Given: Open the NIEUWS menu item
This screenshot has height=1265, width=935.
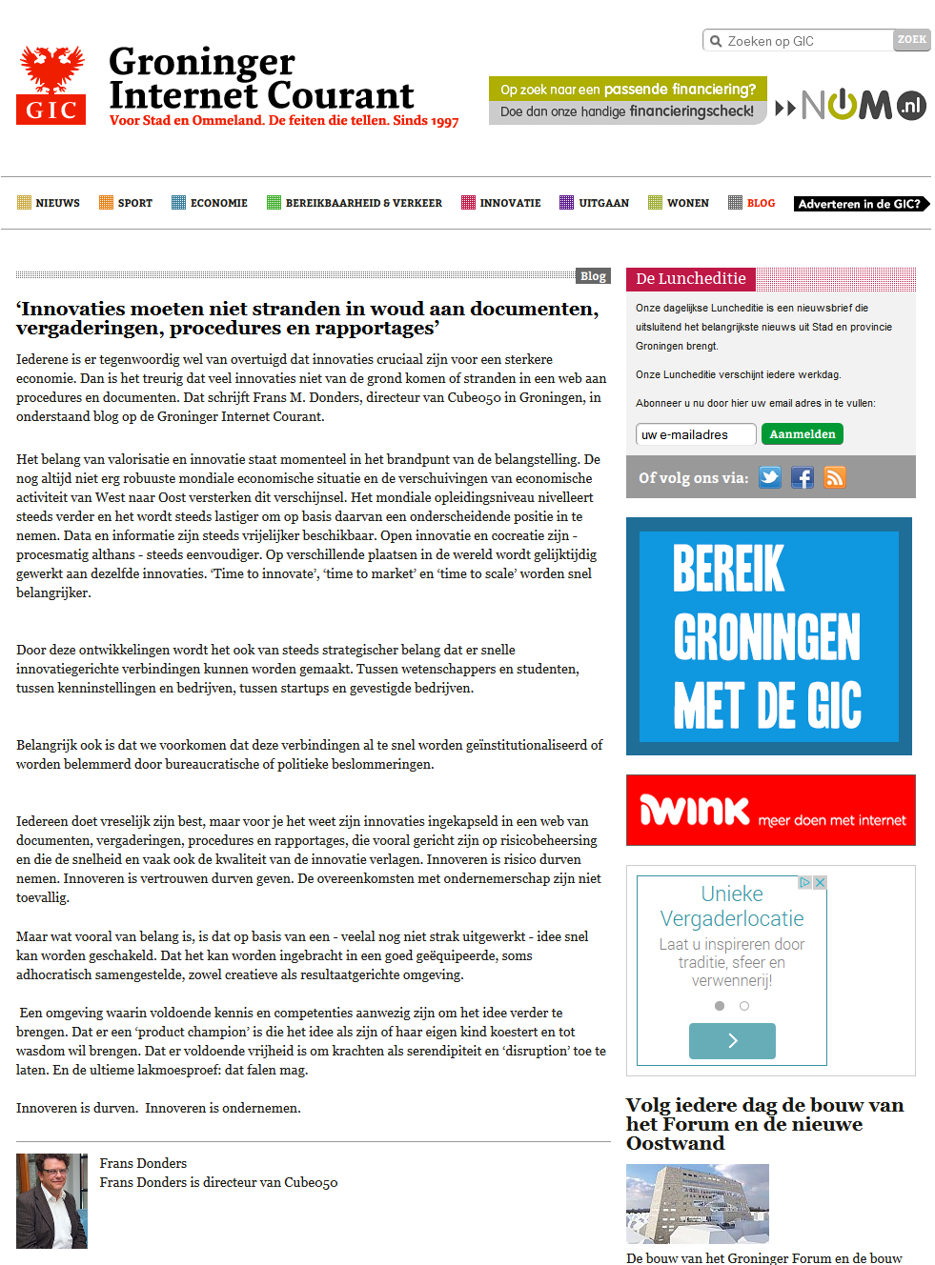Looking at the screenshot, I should [49, 203].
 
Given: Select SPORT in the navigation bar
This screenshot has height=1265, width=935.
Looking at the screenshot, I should [126, 203].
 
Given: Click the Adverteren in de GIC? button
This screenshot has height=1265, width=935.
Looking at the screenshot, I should [861, 204].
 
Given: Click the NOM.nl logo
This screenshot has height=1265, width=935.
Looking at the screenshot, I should [851, 106].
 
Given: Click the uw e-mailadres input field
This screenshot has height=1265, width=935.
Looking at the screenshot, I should [696, 434].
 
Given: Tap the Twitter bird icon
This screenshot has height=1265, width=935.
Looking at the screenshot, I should [770, 477].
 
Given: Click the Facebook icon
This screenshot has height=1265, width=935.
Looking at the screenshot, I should [803, 477].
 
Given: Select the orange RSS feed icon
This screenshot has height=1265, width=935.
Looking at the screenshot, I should [835, 477].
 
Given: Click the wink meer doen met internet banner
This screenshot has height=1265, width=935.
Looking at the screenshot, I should [770, 811].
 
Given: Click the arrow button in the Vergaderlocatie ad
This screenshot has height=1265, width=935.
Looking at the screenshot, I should [732, 1041].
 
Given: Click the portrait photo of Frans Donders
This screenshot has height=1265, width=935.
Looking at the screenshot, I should [51, 1200].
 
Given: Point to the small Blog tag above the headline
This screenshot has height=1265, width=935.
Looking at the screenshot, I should [593, 276].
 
